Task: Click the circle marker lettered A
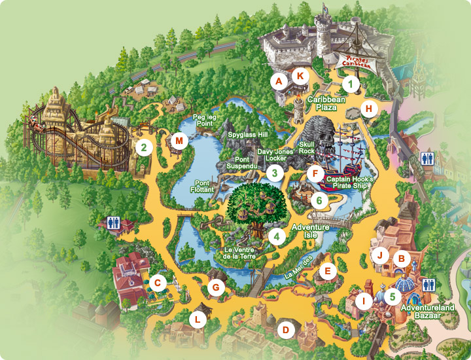pos(279,82)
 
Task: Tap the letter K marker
pos(300,75)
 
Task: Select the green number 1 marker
pos(351,84)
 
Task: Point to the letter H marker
pos(370,109)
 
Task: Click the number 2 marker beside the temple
pos(143,147)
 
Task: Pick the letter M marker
pos(179,140)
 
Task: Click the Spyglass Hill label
pos(248,134)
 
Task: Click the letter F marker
pos(316,174)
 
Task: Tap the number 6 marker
pos(319,200)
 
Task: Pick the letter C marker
pos(156,283)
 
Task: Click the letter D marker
pos(285,329)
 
